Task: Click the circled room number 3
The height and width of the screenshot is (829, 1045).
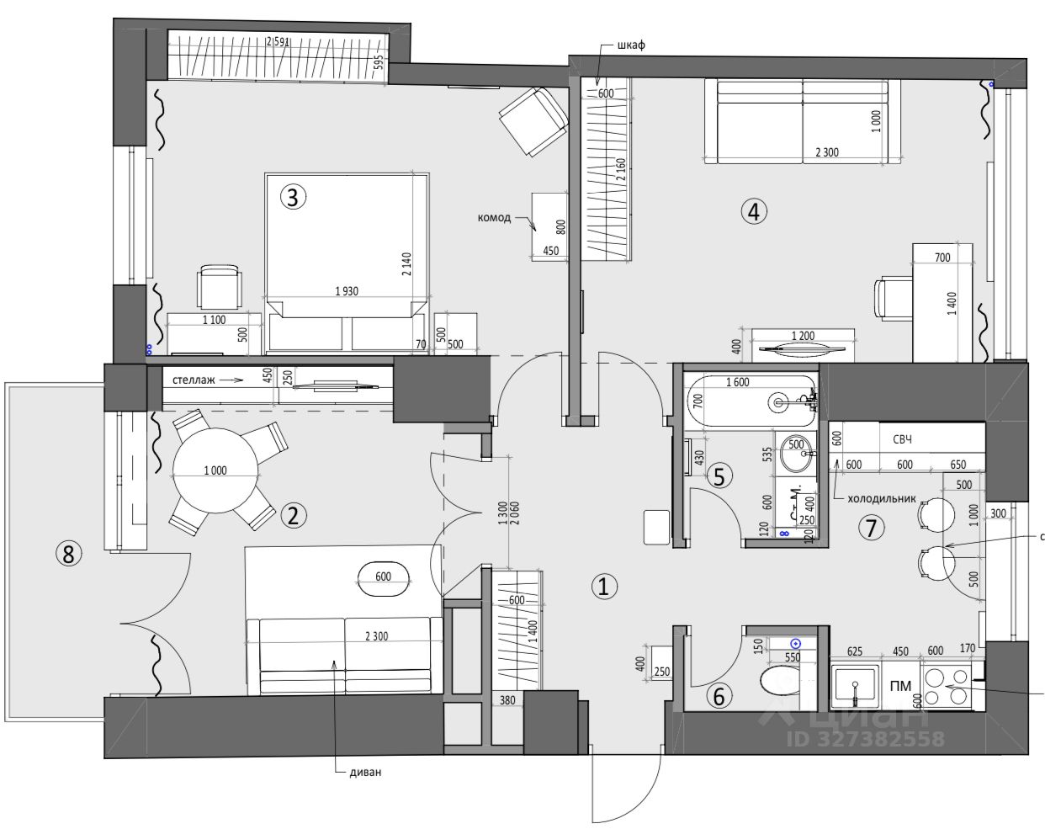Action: pos(292,198)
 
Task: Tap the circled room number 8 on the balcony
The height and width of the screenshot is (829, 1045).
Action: pos(69,553)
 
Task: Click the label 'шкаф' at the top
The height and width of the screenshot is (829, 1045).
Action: pos(631,45)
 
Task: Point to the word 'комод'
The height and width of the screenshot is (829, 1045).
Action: pos(494,218)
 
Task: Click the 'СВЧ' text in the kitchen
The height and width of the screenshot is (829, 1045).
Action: pos(903,440)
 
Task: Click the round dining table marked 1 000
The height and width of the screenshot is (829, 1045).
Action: pos(215,470)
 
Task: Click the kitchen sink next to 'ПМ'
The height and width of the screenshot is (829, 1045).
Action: pos(855,686)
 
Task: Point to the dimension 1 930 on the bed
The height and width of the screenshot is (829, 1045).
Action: pos(346,292)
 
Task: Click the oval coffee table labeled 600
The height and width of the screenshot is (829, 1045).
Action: pos(385,577)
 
